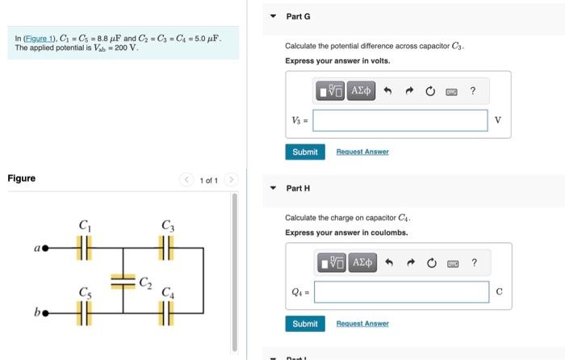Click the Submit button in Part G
(x=304, y=152)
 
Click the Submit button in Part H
(x=304, y=324)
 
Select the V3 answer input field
(x=400, y=120)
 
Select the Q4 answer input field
(x=400, y=292)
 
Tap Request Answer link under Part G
(x=362, y=152)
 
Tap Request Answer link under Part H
(x=362, y=324)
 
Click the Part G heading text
(x=298, y=16)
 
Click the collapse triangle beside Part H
(x=273, y=188)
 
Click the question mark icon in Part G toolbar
(x=473, y=91)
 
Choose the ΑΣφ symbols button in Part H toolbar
(x=362, y=262)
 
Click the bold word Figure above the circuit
(x=21, y=178)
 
